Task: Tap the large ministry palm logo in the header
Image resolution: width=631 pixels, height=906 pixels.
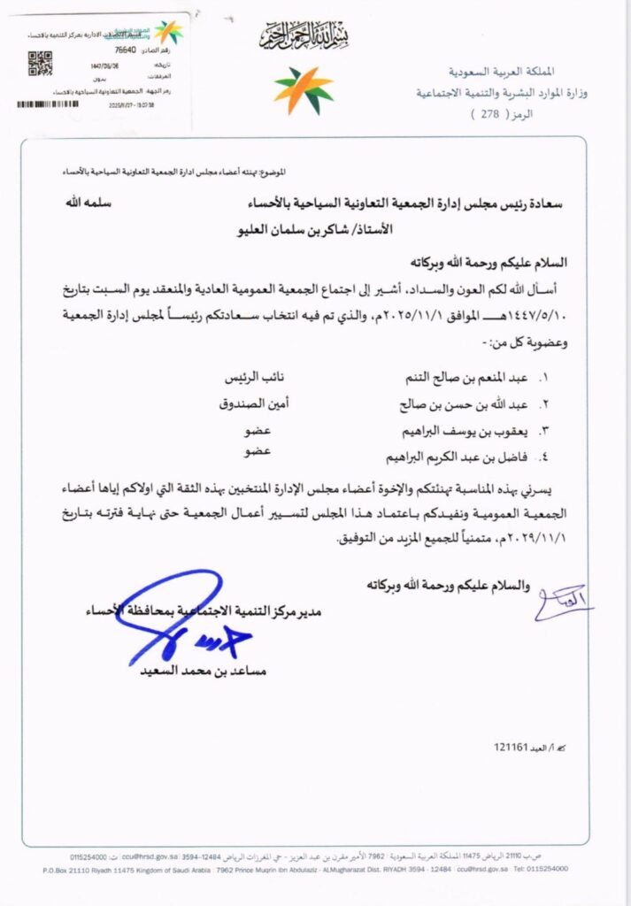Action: point(303,90)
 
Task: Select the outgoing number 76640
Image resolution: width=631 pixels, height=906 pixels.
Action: point(115,52)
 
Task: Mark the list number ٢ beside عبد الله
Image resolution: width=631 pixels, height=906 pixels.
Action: point(543,405)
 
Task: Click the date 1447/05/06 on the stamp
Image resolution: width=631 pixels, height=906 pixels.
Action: point(107,66)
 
